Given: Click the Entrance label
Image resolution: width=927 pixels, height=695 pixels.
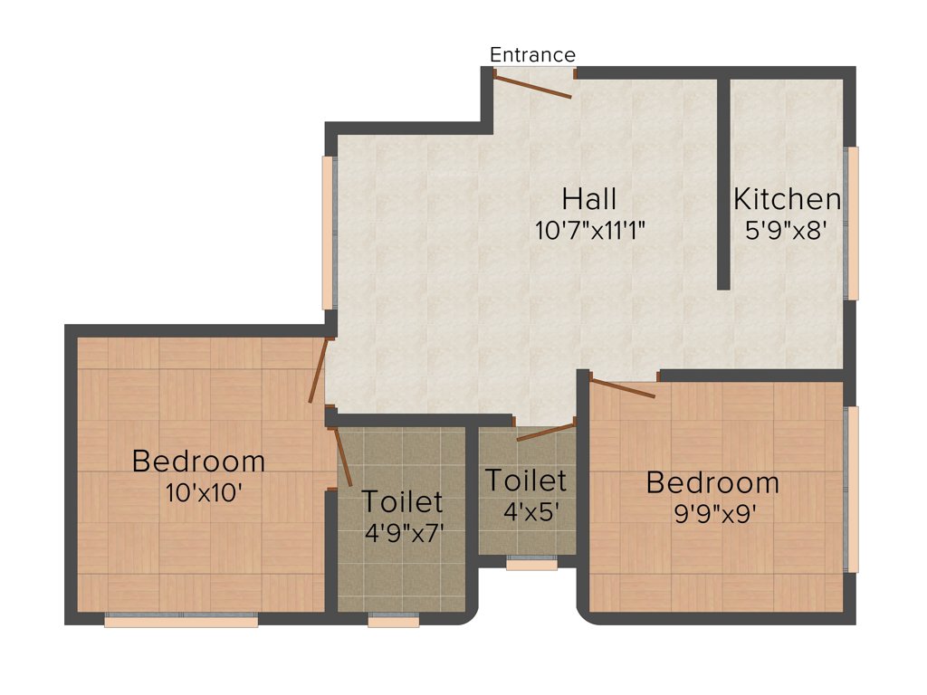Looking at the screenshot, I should coord(532,54).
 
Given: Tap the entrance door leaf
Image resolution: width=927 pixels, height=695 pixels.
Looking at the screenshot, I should coord(532,86).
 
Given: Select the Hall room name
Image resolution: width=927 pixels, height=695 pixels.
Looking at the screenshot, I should coord(589,198).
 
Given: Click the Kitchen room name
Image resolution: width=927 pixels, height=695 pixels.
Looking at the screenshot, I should coord(787,198).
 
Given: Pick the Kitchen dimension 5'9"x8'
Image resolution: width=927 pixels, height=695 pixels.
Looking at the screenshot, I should coord(787,230).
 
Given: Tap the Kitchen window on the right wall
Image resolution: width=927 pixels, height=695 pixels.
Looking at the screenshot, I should coord(852,223).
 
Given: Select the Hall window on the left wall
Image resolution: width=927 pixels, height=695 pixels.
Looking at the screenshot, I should coord(328,233).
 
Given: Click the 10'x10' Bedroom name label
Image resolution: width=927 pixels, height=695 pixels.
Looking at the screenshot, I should coord(198,461).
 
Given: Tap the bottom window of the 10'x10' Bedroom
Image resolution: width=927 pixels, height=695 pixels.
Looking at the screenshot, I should coord(181,620).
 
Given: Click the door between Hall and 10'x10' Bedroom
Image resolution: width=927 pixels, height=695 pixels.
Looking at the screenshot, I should coord(317,371).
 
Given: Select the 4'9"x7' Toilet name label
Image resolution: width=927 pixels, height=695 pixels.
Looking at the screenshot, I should coord(402,500).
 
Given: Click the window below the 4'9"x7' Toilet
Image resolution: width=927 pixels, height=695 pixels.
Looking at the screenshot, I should coord(394,621).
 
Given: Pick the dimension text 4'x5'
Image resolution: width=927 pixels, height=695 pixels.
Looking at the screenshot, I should coord(525,509).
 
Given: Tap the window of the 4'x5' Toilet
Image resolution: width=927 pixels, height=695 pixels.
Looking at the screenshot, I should coord(531,564).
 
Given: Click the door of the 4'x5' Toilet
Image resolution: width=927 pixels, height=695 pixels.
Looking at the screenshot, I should coord(546,432).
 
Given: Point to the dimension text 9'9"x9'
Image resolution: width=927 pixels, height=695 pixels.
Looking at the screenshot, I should coord(712,513).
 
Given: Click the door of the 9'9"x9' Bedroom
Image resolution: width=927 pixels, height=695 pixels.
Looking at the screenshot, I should coord(622,389).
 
